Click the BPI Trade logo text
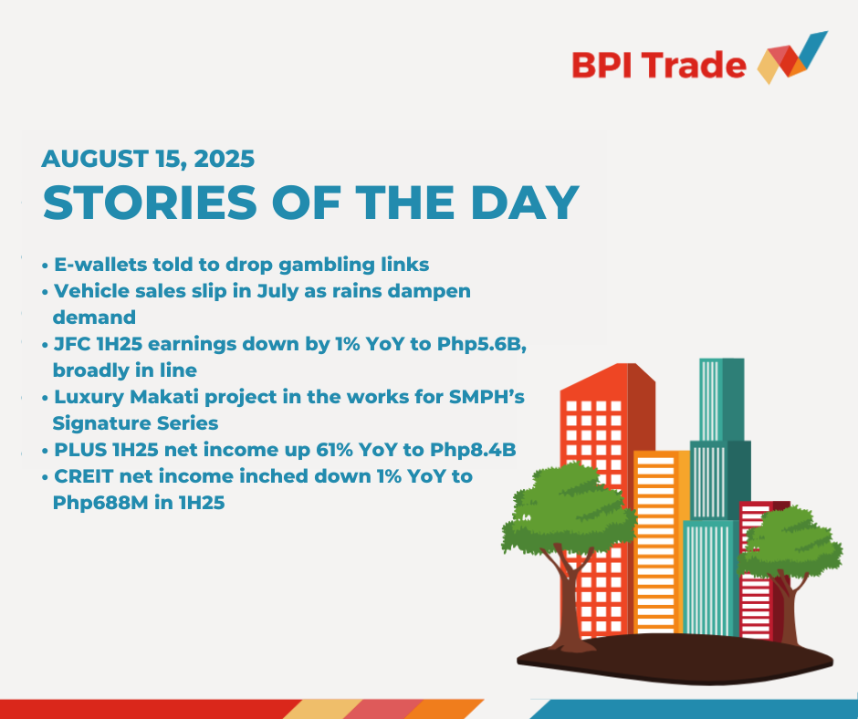tap(659, 65)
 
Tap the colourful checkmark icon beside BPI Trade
tap(792, 58)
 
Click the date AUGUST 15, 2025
tap(148, 159)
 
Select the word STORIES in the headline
tap(150, 203)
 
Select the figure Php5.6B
tap(482, 345)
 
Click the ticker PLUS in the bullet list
tap(80, 450)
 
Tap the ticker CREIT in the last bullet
tap(84, 476)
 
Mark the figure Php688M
tap(100, 503)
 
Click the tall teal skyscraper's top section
tap(722, 400)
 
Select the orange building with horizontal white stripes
tap(662, 542)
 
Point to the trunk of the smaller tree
tap(789, 608)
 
